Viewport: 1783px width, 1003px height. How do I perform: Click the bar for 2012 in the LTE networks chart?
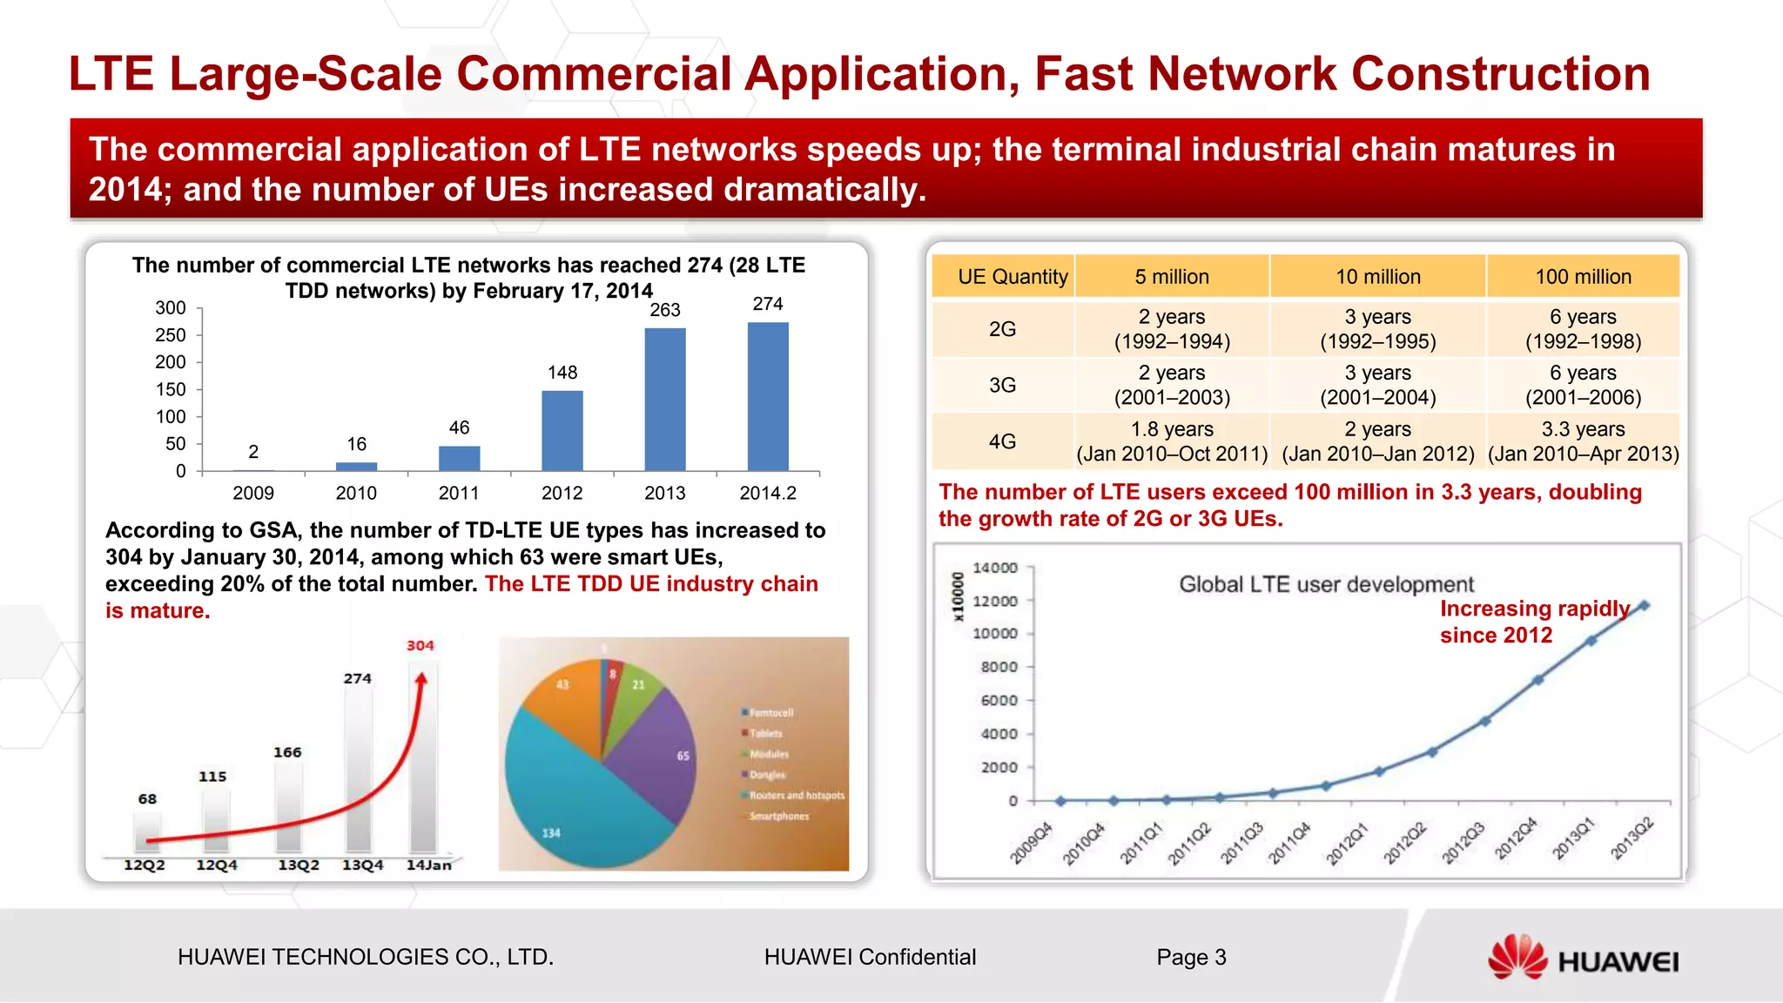562,431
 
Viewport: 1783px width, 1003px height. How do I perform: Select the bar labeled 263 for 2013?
665,400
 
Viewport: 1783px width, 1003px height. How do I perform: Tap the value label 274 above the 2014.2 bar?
767,304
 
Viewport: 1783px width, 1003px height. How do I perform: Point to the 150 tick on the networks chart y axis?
171,389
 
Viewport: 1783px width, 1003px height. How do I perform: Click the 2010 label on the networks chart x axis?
356,493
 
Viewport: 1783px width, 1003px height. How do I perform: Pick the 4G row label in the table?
1002,441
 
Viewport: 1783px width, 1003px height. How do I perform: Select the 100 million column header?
1582,277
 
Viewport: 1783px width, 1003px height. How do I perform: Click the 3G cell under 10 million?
1377,385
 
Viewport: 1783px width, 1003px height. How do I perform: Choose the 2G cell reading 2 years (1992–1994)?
1172,329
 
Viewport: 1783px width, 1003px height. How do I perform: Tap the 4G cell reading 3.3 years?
1583,441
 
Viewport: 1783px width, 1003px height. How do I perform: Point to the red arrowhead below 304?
421,680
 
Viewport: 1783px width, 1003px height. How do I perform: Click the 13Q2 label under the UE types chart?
298,865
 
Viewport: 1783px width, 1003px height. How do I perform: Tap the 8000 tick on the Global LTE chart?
999,667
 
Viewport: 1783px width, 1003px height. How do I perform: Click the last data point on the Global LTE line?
1644,606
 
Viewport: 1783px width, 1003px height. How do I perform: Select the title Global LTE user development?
1326,584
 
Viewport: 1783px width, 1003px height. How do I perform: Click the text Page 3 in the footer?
1191,958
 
